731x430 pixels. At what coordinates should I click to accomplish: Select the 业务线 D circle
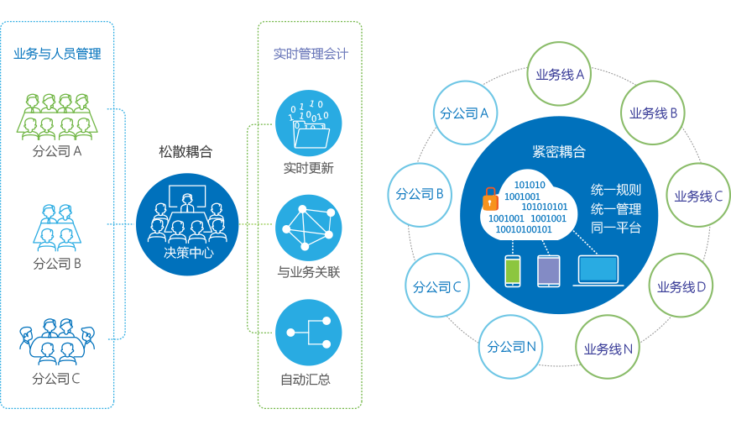[681, 286]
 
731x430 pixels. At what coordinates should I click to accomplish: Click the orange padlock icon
[489, 200]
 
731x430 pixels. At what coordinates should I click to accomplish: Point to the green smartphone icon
[513, 270]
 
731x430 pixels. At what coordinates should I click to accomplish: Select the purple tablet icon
[548, 270]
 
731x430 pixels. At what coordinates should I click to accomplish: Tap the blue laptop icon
[596, 270]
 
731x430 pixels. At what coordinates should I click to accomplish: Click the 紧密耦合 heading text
[559, 152]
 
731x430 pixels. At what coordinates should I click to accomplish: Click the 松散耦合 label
[185, 152]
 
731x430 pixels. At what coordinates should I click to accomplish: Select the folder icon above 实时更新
[309, 124]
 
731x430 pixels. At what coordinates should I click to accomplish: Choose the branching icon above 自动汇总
[309, 333]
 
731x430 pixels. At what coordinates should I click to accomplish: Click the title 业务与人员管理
[57, 55]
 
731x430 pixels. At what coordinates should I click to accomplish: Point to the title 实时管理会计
[311, 55]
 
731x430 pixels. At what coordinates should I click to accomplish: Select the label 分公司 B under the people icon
[57, 264]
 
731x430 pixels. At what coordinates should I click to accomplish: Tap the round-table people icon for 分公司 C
[57, 338]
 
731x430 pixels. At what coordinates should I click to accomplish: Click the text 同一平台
[616, 228]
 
